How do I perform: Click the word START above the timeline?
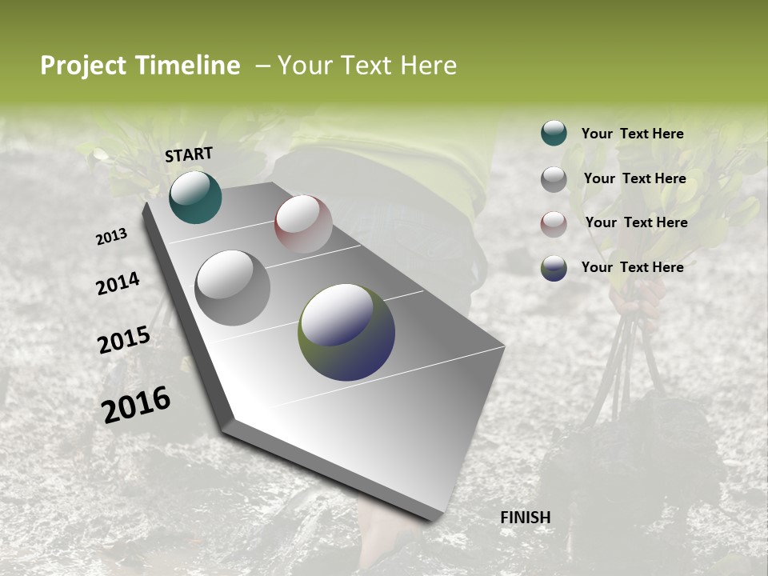[189, 154]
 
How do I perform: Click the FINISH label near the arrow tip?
[525, 518]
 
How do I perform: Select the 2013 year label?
[111, 237]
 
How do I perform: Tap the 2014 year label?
[118, 283]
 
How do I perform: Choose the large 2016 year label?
[136, 405]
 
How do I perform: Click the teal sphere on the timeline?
[195, 197]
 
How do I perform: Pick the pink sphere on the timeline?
[303, 223]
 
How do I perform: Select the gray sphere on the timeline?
[232, 287]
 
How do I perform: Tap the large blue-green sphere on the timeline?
[346, 331]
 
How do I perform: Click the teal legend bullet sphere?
[554, 133]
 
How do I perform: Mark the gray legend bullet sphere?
[554, 179]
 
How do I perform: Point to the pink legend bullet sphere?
[554, 224]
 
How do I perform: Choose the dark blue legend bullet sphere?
[554, 268]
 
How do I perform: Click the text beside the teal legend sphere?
[632, 134]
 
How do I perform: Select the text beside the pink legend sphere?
[636, 222]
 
